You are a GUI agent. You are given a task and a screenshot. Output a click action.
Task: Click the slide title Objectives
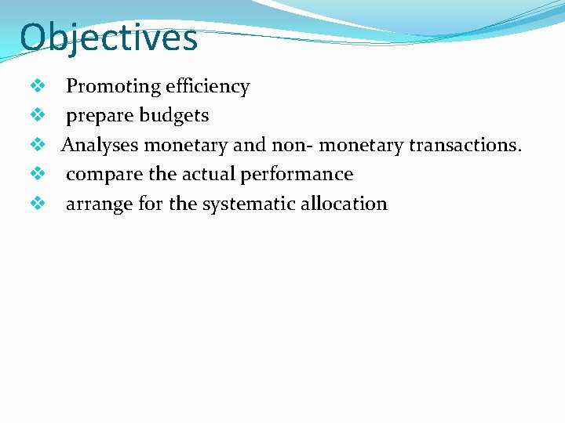click(108, 38)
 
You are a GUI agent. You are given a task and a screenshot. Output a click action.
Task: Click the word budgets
click(173, 116)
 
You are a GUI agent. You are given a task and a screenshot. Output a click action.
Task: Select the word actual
click(208, 174)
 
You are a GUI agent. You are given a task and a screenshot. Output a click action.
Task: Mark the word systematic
click(250, 204)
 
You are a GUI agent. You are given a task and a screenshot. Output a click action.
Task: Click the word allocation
click(345, 204)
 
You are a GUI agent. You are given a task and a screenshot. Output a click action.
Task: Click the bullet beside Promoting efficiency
click(35, 86)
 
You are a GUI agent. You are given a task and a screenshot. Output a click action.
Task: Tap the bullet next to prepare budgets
click(35, 115)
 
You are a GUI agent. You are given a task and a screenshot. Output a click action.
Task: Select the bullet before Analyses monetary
click(35, 145)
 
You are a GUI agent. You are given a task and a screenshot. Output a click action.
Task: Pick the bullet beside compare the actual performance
click(35, 174)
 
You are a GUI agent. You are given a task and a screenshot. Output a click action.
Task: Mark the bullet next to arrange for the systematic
click(35, 204)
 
